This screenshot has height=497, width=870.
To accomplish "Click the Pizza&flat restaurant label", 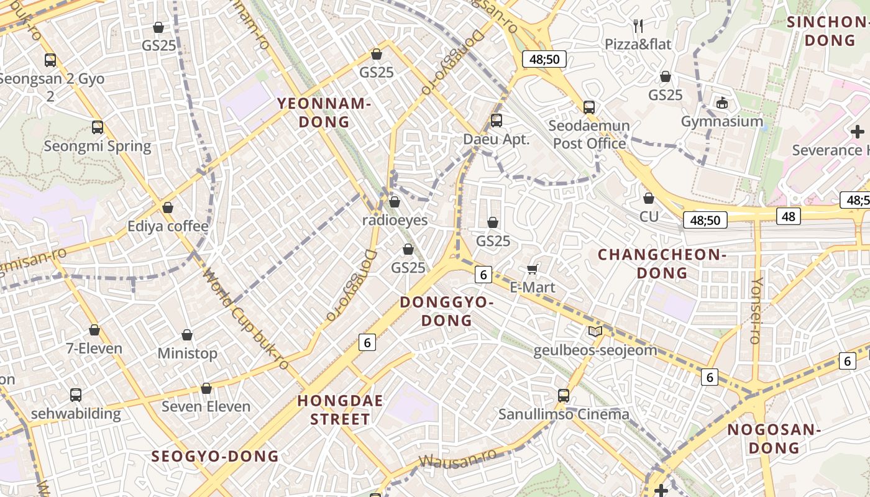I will pyautogui.click(x=638, y=44).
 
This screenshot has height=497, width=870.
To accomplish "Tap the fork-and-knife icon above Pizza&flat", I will pyautogui.click(x=638, y=25).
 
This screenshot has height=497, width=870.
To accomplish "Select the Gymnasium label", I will pyautogui.click(x=722, y=121).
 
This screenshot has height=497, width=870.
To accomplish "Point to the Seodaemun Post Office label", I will pyautogui.click(x=589, y=134).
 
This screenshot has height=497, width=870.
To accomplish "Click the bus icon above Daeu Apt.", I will pyautogui.click(x=496, y=121).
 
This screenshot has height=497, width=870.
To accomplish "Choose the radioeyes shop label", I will pyautogui.click(x=395, y=220).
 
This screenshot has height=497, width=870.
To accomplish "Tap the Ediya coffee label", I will pyautogui.click(x=168, y=226).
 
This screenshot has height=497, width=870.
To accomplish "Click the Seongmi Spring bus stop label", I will pyautogui.click(x=98, y=146).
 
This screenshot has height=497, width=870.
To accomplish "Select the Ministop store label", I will pyautogui.click(x=187, y=353).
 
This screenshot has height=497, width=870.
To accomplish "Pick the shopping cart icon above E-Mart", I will pyautogui.click(x=532, y=269).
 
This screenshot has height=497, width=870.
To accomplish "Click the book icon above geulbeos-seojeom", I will pyautogui.click(x=595, y=332).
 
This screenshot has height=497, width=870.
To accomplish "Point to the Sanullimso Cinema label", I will pyautogui.click(x=564, y=414).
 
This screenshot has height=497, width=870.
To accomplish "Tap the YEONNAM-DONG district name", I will pyautogui.click(x=324, y=112).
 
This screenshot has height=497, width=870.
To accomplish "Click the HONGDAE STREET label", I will pyautogui.click(x=340, y=409).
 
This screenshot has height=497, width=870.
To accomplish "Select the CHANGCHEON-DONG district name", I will pyautogui.click(x=662, y=263).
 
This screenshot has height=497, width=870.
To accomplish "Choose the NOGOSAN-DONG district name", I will pyautogui.click(x=774, y=439).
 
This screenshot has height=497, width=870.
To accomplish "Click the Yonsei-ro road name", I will pyautogui.click(x=756, y=311).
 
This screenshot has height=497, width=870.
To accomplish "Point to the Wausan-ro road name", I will pyautogui.click(x=458, y=457).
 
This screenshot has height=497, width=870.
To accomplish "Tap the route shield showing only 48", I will pyautogui.click(x=788, y=216).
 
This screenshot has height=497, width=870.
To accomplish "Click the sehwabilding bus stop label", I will pyautogui.click(x=76, y=414).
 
